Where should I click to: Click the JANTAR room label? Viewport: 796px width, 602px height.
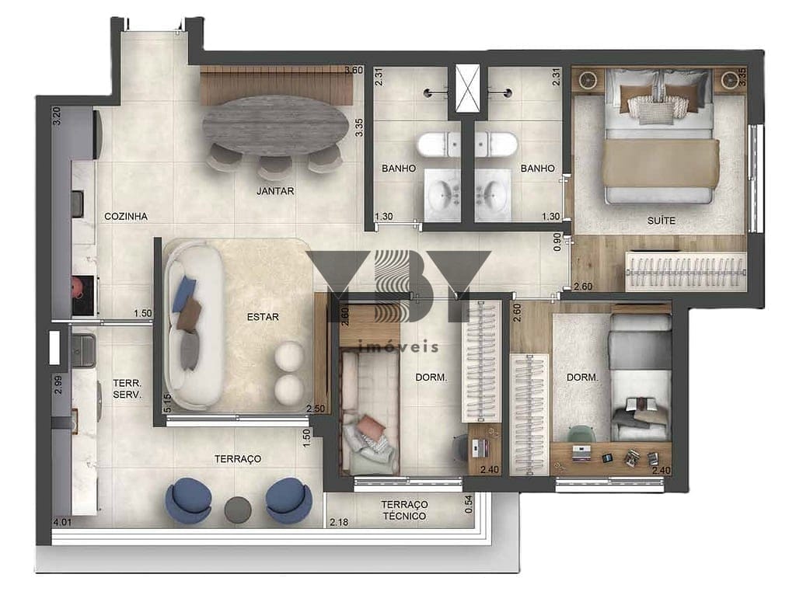coord(275,191)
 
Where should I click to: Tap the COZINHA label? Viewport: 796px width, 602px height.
coord(126,217)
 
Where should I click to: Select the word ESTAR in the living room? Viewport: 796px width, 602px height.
coord(263,317)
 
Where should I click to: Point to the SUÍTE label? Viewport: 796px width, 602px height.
coord(661,221)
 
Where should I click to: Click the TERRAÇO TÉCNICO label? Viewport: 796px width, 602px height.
coord(404,510)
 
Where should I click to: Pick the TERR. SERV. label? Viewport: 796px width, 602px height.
coord(127,389)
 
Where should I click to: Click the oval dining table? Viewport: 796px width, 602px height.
coord(276,126)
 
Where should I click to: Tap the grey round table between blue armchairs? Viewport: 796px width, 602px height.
coord(238,510)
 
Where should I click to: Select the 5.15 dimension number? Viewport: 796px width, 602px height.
coord(168,403)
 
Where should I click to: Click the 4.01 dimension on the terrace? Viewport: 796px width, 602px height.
coord(62,522)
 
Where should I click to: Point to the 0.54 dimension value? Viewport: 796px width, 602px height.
coord(469,504)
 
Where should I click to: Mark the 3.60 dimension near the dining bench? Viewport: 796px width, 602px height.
coord(354,70)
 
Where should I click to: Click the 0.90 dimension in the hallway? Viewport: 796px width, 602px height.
coord(557,242)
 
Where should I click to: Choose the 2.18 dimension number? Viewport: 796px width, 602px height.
coord(339,522)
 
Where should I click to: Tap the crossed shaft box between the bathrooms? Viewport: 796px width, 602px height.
coord(467,89)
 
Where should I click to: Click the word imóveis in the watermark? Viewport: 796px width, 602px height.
coord(398,346)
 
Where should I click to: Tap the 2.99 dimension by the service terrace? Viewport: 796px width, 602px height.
coord(58,385)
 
